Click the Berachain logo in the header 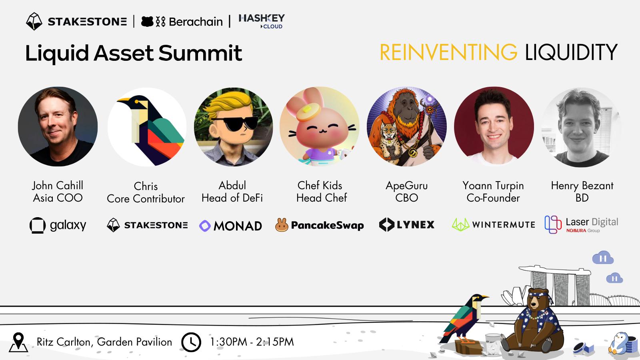point(182,22)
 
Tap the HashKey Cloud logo point(262,22)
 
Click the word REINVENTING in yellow point(448,52)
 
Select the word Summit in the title point(200,53)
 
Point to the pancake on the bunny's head point(308,112)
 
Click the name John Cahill point(58,186)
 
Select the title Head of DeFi point(232,198)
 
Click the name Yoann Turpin point(493,186)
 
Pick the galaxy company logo point(58,226)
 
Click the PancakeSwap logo point(320,225)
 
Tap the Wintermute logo point(494,225)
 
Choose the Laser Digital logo point(582,225)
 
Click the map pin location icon point(18,342)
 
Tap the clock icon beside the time point(191,342)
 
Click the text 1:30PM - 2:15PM point(252,342)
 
